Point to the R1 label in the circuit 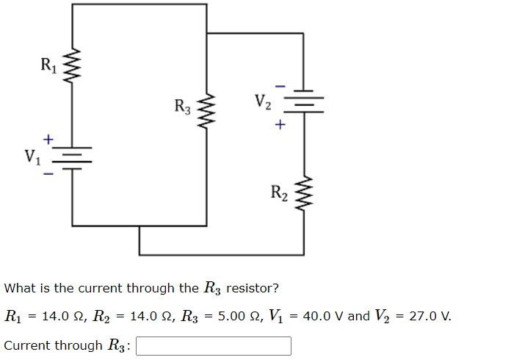point(48,66)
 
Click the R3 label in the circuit point(183,107)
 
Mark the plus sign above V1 point(48,138)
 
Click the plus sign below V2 point(279,126)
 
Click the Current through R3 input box point(213,345)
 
